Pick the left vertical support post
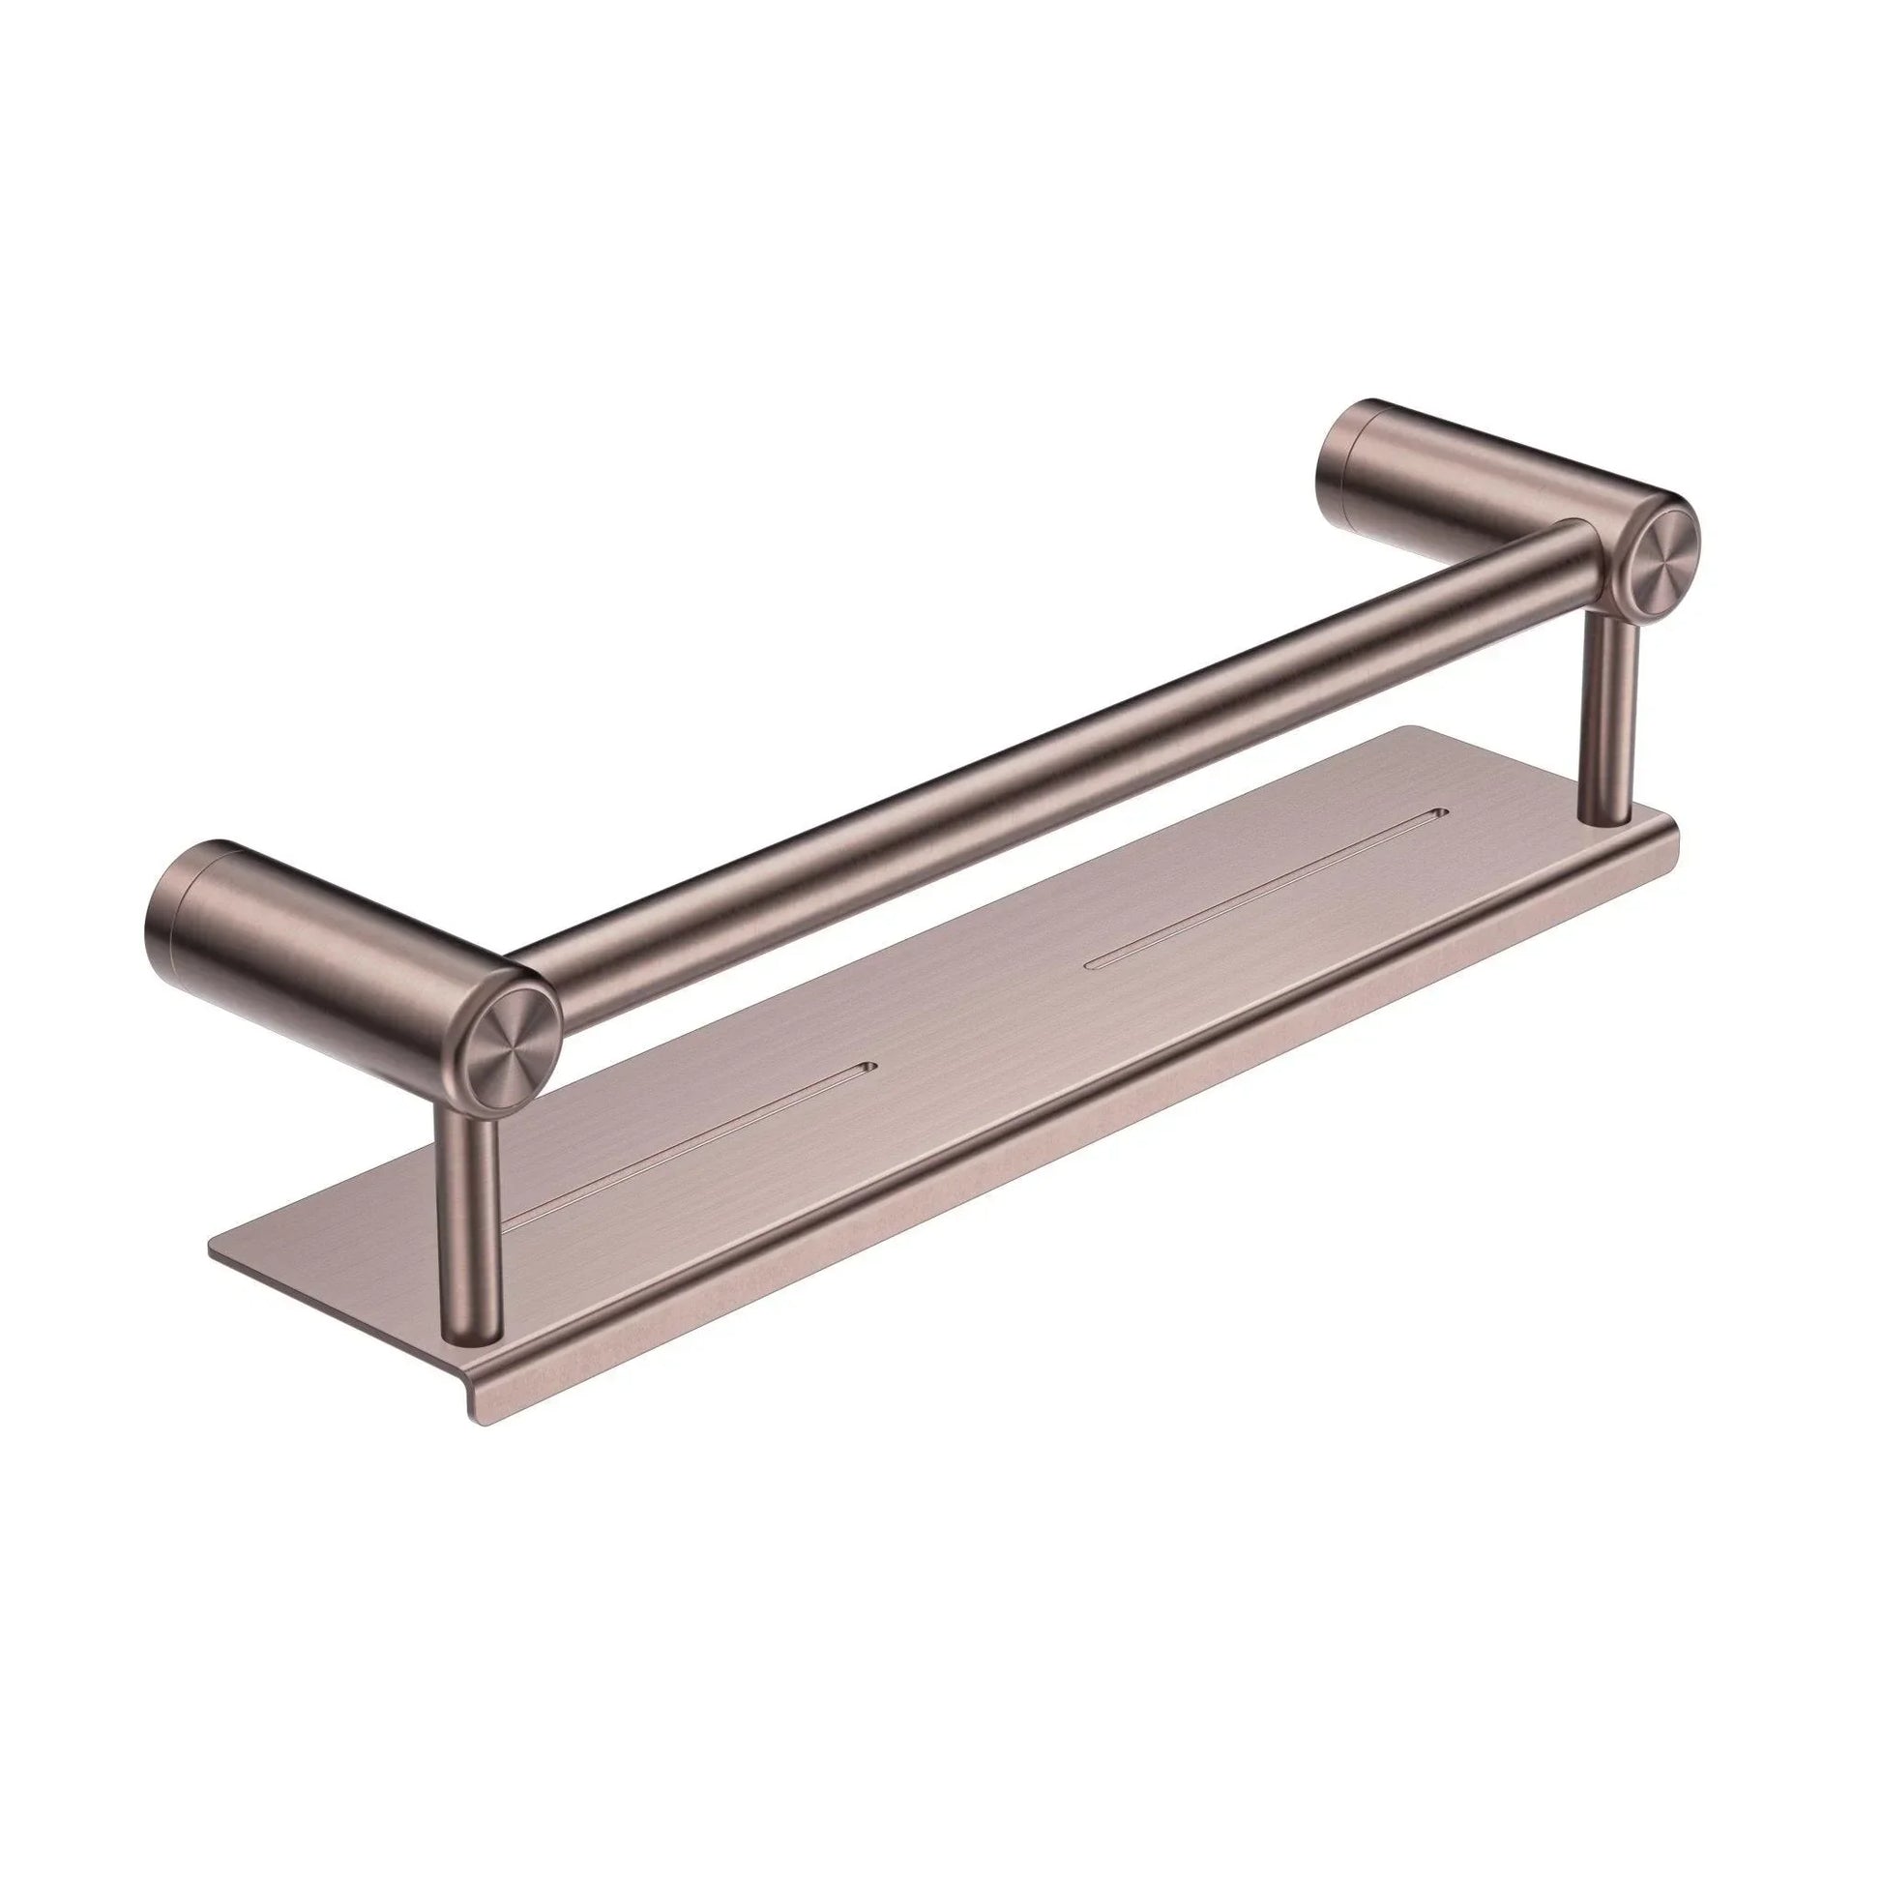tap(470, 1218)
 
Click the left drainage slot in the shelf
tap(682, 1139)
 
